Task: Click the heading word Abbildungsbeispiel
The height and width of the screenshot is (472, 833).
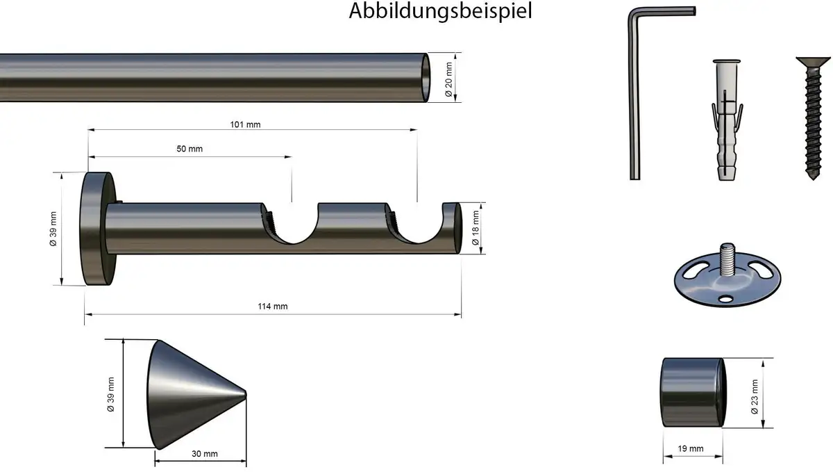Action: (x=440, y=11)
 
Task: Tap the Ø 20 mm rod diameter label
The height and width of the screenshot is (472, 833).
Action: (x=449, y=79)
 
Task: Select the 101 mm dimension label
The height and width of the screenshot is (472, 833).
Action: (x=245, y=124)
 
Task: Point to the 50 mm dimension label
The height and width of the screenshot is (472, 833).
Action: (x=190, y=149)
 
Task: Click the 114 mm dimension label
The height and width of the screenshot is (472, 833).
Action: (x=273, y=307)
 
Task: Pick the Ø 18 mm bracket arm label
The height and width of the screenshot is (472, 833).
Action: (x=476, y=228)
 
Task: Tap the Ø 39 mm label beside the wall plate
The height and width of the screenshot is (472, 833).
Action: (x=53, y=229)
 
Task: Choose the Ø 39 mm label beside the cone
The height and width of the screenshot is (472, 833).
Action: (x=110, y=394)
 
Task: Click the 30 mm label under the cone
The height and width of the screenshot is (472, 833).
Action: (x=205, y=454)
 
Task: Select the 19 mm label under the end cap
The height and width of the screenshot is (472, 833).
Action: (x=691, y=448)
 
